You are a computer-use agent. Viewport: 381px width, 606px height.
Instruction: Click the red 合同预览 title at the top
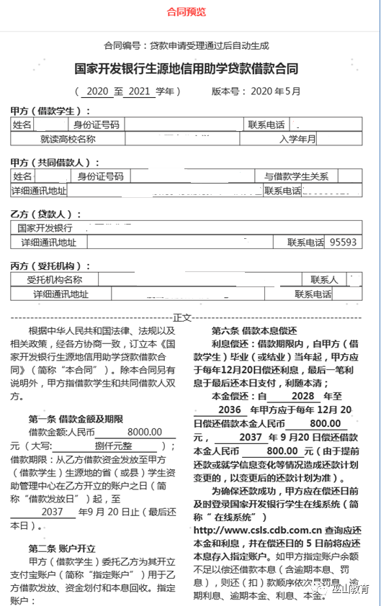pyautogui.click(x=187, y=12)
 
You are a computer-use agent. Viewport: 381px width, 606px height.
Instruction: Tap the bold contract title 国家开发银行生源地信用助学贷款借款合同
pyautogui.click(x=187, y=69)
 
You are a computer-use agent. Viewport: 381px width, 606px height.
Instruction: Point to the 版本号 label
pyautogui.click(x=227, y=91)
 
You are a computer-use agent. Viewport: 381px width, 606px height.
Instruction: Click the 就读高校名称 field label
pyautogui.click(x=68, y=139)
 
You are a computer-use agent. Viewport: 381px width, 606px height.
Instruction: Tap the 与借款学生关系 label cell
pyautogui.click(x=296, y=176)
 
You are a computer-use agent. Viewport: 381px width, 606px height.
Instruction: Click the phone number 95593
pyautogui.click(x=343, y=243)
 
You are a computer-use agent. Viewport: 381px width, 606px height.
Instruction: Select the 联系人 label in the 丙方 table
pyautogui.click(x=324, y=279)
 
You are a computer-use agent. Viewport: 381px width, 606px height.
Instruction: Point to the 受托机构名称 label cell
pyautogui.click(x=55, y=279)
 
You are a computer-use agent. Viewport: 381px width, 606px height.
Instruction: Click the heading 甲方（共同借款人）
pyautogui.click(x=50, y=162)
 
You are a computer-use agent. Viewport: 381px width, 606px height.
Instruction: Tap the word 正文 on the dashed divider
pyautogui.click(x=183, y=317)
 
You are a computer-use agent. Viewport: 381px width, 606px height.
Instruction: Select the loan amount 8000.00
pyautogui.click(x=144, y=432)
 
